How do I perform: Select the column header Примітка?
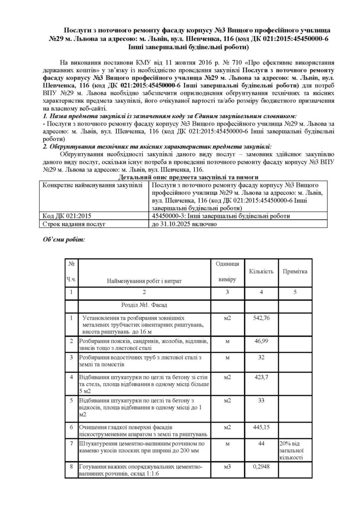tap(295, 272)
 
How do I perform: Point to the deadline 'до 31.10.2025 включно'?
tap(183, 224)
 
